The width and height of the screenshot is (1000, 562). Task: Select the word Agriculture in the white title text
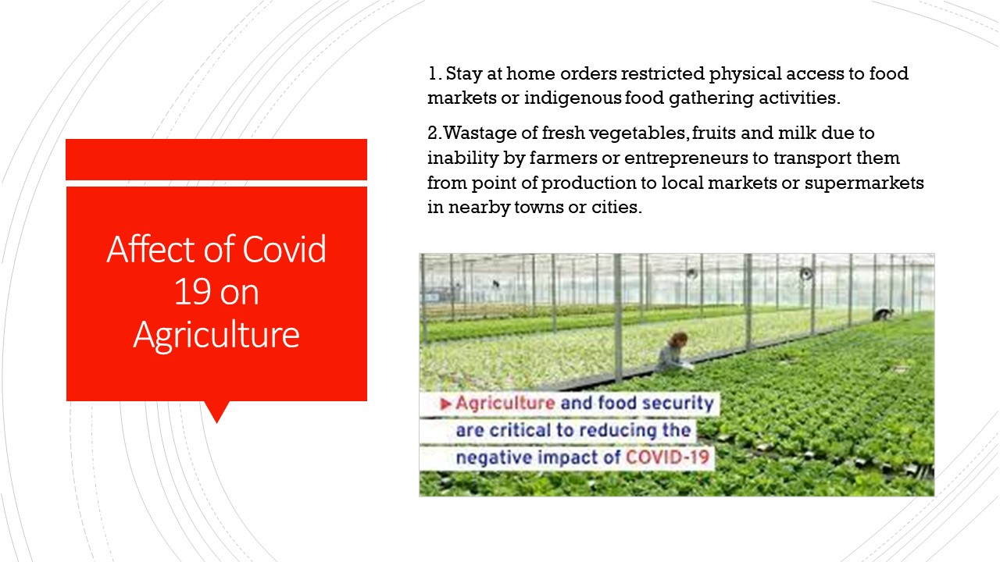coord(216,336)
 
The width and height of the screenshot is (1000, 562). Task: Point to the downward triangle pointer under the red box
coord(217,411)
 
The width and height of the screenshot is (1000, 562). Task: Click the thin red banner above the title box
coord(216,159)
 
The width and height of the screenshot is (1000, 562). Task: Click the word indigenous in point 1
coord(573,98)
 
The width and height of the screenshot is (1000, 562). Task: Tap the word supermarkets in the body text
coord(864,183)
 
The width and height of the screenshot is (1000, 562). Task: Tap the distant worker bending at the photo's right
coord(883,314)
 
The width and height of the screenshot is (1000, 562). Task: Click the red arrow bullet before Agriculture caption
coord(445,404)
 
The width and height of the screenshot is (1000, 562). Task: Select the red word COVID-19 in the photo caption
coord(667,457)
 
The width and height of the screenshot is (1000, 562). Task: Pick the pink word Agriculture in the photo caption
coord(505,404)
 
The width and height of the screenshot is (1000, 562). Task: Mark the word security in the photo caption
coord(677,404)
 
